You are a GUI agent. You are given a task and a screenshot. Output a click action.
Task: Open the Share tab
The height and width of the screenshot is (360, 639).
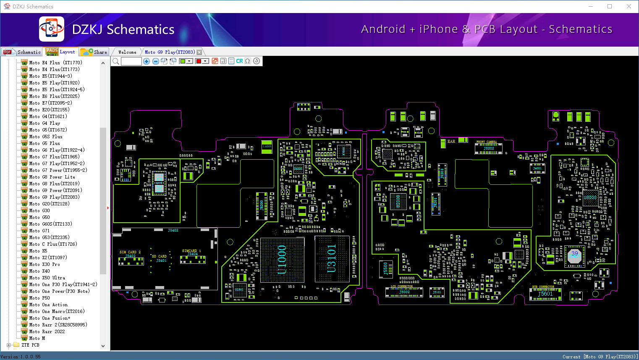[x=94, y=52]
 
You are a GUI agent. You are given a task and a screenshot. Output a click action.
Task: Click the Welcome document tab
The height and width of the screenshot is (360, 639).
[x=127, y=52]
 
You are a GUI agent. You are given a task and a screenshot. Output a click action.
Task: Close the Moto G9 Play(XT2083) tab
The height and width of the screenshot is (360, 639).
[x=199, y=52]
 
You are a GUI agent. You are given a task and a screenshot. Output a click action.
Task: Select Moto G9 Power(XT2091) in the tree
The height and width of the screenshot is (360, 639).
[x=55, y=190]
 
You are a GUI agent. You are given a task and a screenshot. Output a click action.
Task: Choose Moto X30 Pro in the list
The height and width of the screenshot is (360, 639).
[x=45, y=264]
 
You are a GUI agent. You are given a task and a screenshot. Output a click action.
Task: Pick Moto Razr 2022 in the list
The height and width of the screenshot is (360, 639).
[x=47, y=331]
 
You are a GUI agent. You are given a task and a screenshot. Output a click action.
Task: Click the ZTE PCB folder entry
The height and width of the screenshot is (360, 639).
[x=30, y=345]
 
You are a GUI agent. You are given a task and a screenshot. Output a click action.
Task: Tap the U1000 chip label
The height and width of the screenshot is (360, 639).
[x=282, y=260]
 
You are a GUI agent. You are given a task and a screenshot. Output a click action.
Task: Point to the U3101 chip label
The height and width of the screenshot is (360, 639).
[x=332, y=258]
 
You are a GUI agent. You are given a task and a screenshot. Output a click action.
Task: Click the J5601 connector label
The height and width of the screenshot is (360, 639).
[x=545, y=294]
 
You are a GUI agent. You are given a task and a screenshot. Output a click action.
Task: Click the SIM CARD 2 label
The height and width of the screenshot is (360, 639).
[x=130, y=252]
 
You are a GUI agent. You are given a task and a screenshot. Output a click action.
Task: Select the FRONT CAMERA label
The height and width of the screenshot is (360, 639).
[x=487, y=142]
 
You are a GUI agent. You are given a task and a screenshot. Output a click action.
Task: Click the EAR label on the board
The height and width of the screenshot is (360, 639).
[x=451, y=142]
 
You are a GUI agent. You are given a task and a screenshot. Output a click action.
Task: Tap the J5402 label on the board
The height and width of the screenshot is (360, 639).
[x=173, y=230]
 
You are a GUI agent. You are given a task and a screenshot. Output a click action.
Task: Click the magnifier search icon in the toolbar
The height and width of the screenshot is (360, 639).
[x=116, y=61]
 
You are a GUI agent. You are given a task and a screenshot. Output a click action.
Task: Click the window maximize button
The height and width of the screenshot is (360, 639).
[x=610, y=6]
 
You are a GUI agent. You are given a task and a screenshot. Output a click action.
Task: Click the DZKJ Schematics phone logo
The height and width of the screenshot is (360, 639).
[x=52, y=29]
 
